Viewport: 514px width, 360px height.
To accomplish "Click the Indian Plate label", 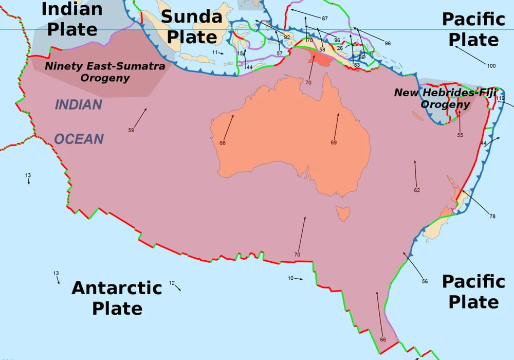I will [72, 19].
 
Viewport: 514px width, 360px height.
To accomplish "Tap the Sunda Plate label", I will [192, 27].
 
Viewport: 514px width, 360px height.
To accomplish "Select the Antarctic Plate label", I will [117, 298].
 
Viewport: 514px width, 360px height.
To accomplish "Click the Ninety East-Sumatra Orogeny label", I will [105, 72].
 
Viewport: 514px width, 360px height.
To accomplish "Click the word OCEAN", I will [79, 139].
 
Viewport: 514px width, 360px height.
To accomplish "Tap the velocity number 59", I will [131, 130].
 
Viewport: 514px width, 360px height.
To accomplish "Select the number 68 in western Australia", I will [223, 143].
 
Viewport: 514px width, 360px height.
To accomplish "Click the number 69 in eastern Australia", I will [333, 142].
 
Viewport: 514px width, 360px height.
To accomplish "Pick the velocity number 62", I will [417, 190].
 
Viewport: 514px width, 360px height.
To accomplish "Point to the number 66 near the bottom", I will [383, 339].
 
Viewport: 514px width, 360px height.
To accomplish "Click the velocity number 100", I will [491, 66].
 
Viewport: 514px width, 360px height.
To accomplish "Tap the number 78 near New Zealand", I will [492, 217].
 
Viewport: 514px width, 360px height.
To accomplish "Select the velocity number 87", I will [325, 19].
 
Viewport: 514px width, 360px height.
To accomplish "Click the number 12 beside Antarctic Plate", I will [172, 283].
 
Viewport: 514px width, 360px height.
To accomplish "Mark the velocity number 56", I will [425, 281].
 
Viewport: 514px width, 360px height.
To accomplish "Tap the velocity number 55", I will [460, 135].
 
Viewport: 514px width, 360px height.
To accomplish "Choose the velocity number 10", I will [290, 278].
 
